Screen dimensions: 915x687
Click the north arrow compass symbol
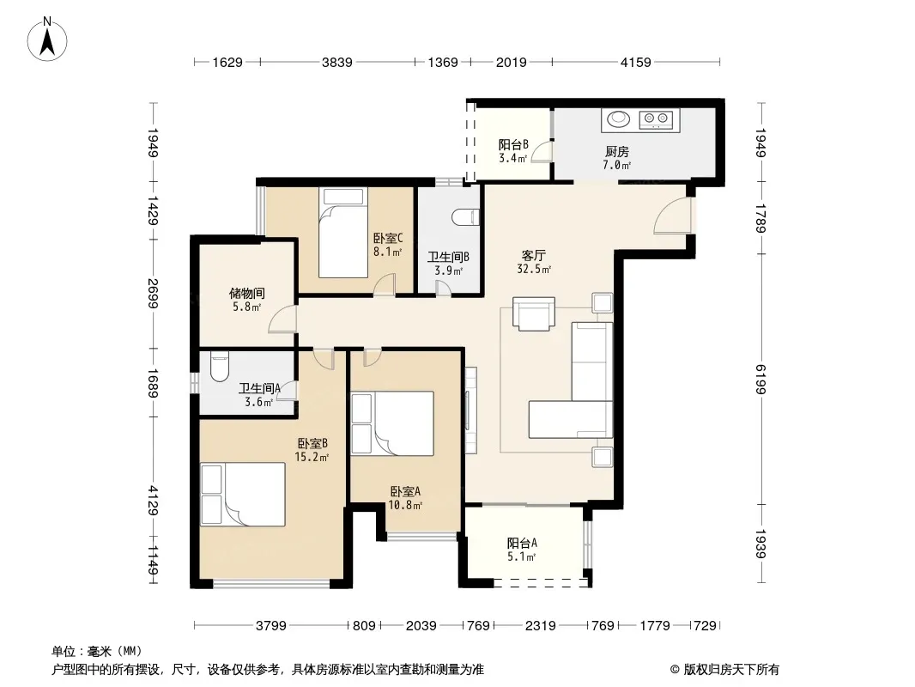coord(47,39)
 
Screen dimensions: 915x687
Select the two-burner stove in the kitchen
coord(656,119)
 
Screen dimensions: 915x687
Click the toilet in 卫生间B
coord(466,216)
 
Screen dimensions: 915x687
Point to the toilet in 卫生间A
coord(220,367)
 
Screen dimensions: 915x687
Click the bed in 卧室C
coord(343,233)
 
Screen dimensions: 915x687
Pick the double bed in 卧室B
coord(243,495)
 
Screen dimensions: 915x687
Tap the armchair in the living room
coord(533,314)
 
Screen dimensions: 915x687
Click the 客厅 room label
coord(533,256)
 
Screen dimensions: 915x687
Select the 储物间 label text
coord(247,293)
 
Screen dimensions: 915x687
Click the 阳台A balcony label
coord(522,544)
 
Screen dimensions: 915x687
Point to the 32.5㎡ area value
coord(533,269)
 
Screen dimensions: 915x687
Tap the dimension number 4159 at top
coord(635,62)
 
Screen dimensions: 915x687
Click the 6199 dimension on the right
coord(760,380)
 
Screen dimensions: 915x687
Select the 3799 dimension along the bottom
coord(271,626)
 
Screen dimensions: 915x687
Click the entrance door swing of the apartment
coord(672,216)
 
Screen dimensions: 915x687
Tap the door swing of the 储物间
coord(282,319)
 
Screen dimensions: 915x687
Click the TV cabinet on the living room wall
coord(470,410)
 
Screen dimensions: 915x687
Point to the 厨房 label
coord(617,152)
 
